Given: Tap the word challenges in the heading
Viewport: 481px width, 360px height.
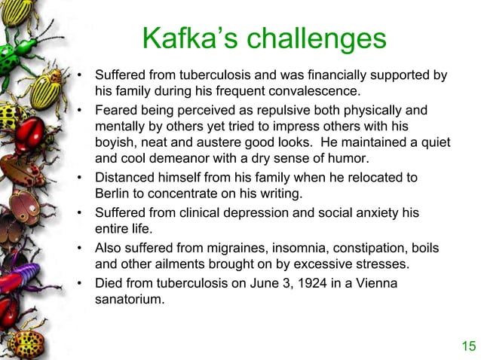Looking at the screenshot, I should coord(314,39).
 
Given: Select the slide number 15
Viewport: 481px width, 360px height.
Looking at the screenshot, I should coord(468,346).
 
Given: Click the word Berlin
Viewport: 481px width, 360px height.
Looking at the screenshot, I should coord(113,193).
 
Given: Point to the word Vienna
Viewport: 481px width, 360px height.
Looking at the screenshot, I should coord(369,283).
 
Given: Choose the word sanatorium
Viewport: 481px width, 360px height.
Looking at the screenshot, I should coord(130,299).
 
